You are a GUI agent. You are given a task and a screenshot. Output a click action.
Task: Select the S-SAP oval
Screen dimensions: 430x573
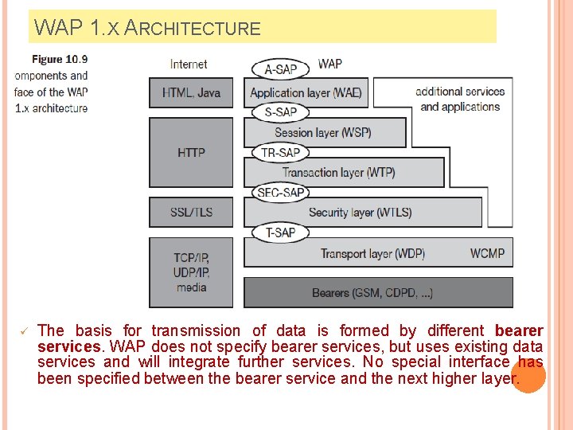tap(280, 111)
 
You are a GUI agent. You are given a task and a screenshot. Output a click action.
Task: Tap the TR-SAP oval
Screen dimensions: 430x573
tap(280, 152)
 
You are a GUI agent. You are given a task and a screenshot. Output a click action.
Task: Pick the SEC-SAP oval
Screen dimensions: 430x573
tap(281, 192)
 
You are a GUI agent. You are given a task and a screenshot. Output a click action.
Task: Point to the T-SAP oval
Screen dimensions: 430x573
tap(280, 233)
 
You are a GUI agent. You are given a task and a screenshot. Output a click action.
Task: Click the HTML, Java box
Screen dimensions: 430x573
tap(191, 92)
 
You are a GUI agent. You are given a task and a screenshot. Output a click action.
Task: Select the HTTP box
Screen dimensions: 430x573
tap(191, 152)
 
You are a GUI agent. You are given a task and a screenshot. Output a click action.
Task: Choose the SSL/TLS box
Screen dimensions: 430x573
tap(191, 213)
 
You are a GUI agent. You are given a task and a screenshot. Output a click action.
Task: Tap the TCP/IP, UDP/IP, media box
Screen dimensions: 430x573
tap(191, 272)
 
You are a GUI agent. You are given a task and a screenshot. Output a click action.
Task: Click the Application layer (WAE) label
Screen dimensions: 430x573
tap(306, 92)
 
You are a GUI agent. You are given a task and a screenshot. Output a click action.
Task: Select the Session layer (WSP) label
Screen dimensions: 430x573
tap(322, 132)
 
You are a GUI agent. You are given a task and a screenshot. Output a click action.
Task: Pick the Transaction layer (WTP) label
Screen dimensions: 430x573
tap(338, 172)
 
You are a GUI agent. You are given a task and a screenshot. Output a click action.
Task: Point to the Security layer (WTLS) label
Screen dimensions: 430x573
tap(360, 213)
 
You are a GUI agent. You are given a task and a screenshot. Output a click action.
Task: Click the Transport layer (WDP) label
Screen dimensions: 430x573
tap(372, 253)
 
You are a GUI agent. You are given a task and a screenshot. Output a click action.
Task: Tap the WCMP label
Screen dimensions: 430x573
tap(487, 253)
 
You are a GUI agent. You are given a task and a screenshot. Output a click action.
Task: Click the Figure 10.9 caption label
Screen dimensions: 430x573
tap(60, 59)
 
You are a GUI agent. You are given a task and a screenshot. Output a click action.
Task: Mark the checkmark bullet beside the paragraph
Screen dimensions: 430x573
tap(24, 330)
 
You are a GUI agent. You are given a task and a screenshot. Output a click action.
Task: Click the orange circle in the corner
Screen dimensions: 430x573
tap(528, 375)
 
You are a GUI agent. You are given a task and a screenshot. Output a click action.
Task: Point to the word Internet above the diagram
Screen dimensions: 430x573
tap(189, 64)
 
